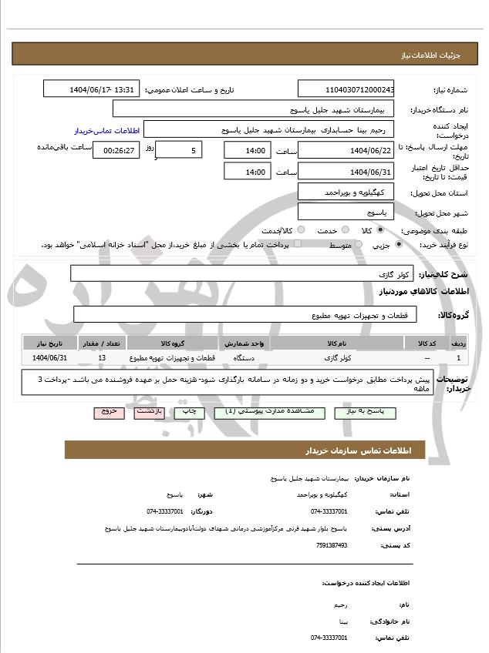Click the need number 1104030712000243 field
click(x=346, y=89)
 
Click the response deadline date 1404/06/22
click(x=346, y=149)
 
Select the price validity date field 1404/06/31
click(x=346, y=172)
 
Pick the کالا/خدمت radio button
click(x=301, y=230)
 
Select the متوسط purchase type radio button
click(x=356, y=245)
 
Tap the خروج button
click(x=109, y=413)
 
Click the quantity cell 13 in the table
click(x=103, y=358)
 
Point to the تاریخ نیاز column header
click(x=51, y=343)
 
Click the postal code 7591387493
click(x=332, y=545)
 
